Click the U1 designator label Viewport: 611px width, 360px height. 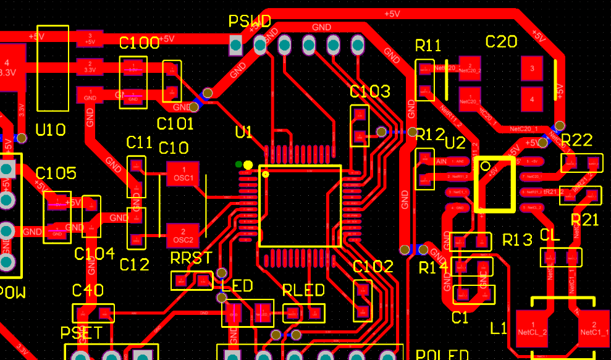click(x=244, y=132)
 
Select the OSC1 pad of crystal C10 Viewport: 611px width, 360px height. click(x=183, y=174)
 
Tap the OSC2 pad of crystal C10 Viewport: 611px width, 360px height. click(x=183, y=235)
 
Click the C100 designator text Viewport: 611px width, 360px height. click(x=139, y=43)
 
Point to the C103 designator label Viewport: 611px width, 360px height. click(x=370, y=92)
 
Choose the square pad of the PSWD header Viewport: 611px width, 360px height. click(x=235, y=44)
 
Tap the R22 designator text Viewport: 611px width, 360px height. click(x=576, y=140)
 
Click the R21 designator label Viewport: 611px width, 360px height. click(x=584, y=220)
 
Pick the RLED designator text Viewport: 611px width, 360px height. click(x=303, y=290)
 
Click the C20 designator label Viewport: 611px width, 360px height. click(x=501, y=42)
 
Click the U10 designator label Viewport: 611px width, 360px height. click(x=51, y=130)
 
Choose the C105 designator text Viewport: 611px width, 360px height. click(x=56, y=174)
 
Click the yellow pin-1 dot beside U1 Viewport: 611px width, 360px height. click(x=248, y=165)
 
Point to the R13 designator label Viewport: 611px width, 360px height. click(x=517, y=240)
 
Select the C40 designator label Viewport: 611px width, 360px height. click(x=88, y=290)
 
